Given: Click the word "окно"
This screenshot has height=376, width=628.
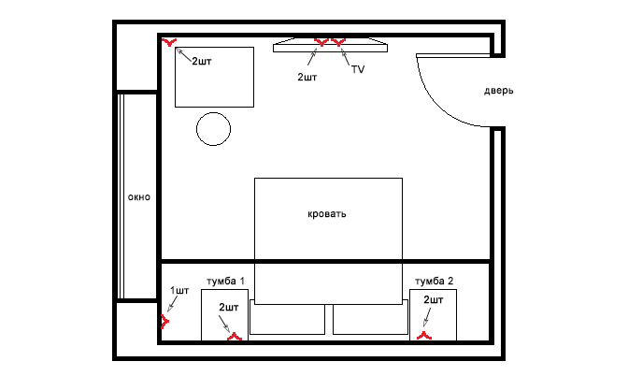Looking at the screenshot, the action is tap(139, 197).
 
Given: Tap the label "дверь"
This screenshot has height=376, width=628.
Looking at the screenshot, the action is tap(499, 91).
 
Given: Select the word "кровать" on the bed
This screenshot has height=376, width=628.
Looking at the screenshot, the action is tap(327, 214).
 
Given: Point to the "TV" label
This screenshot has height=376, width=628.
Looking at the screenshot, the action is tap(358, 69).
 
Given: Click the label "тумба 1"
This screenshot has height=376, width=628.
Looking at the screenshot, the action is tap(225, 282).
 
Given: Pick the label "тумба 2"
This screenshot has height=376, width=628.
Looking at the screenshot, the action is tap(435, 282).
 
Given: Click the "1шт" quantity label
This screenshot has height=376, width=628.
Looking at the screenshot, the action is tap(179, 290).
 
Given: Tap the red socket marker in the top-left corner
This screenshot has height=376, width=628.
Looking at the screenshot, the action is tap(169, 42).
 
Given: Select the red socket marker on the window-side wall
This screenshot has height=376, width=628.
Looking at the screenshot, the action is tap(164, 322).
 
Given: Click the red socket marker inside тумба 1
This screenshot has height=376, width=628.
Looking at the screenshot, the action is tap(235, 337).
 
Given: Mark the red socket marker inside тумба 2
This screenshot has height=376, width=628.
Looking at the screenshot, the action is tap(424, 336).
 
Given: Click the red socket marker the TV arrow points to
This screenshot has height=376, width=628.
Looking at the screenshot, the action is tap(338, 42).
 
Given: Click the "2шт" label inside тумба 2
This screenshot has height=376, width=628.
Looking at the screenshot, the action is tap(434, 300).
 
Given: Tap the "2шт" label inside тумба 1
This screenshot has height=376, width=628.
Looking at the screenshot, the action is tap(228, 308).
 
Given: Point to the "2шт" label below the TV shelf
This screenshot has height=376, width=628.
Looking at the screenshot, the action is tap(307, 77).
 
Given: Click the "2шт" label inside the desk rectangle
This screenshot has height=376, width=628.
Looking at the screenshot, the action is tap(202, 62).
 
